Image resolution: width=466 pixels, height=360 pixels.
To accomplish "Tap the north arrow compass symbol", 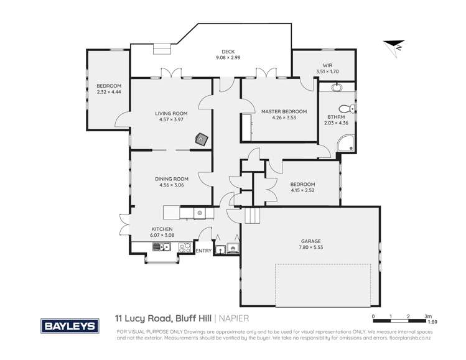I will [392, 45].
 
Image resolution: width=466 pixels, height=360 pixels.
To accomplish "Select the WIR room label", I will [327, 65].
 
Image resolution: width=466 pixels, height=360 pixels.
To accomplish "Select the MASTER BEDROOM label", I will [279, 111].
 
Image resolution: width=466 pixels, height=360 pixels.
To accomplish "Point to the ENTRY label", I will [203, 251].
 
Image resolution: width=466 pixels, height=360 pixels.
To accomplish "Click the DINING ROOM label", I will [171, 178].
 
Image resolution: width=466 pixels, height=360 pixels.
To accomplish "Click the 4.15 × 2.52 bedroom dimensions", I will [302, 190].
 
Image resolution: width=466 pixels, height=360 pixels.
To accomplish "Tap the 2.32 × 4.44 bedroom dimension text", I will [108, 92].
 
